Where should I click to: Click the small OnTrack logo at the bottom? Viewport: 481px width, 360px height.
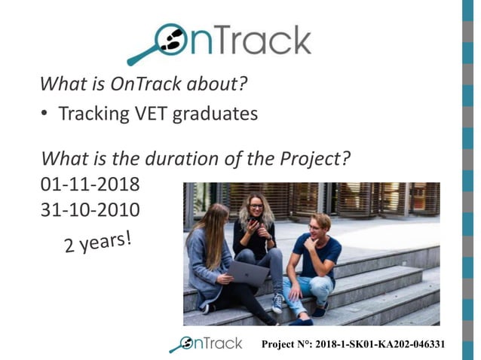(206, 343)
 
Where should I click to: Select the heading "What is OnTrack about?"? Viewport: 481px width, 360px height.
(143, 83)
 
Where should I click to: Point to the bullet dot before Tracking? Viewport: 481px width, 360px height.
(45, 114)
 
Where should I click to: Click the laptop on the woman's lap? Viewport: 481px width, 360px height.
(248, 273)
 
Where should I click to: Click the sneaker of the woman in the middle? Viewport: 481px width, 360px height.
(277, 304)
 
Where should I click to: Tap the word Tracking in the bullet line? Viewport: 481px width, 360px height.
(93, 114)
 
